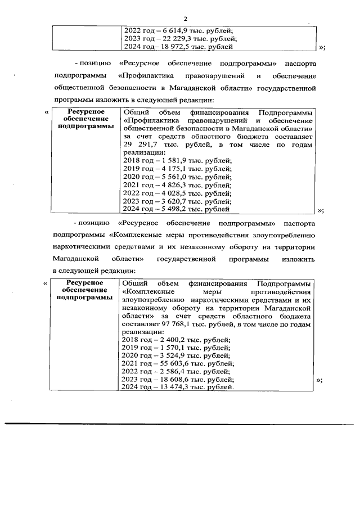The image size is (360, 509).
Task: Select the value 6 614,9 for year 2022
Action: coord(170,30)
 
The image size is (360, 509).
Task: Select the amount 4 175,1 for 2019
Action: coord(169,169)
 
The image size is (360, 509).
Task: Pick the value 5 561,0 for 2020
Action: coord(169,177)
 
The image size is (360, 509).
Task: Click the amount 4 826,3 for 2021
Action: coord(169,185)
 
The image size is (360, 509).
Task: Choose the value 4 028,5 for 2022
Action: coord(169,193)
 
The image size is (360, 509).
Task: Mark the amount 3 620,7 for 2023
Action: coord(169,201)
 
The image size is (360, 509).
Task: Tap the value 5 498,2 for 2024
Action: coord(169,209)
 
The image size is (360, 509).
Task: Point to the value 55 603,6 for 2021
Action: coord(170,364)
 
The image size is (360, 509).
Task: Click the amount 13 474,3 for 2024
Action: coord(170,388)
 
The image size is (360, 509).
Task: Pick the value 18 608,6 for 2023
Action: coord(170,380)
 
